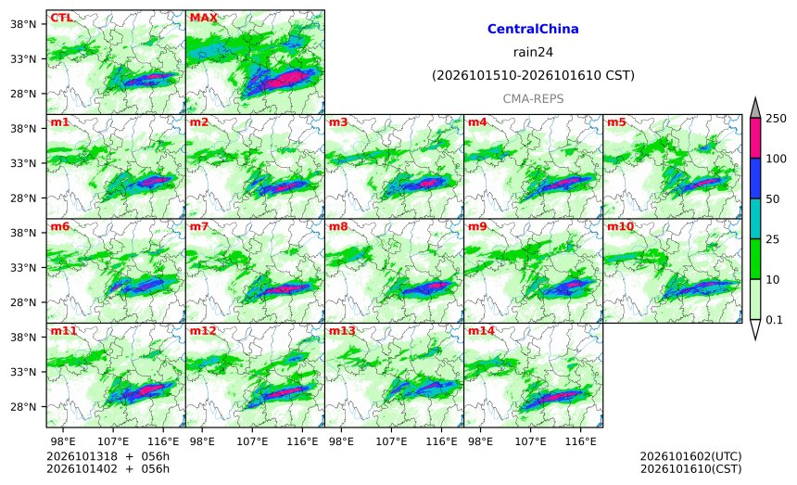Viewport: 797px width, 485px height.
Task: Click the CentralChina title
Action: [533, 29]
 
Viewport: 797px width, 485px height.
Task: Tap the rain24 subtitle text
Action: [533, 52]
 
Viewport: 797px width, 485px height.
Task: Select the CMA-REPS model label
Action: [533, 98]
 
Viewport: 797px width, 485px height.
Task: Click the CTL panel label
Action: [61, 18]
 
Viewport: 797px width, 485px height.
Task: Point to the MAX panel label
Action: [203, 18]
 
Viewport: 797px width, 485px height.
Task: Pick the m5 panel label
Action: [616, 122]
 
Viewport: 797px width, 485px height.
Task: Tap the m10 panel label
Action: [620, 226]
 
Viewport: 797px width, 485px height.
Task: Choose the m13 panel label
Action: [342, 331]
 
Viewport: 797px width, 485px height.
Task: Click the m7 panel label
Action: [199, 226]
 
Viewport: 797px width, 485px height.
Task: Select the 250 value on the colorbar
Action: [777, 119]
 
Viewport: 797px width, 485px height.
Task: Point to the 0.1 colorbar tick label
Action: [774, 320]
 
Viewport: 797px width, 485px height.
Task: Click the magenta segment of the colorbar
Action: [755, 138]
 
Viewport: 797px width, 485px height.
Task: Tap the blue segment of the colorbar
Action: [755, 178]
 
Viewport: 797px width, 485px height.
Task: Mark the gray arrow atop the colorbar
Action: [755, 108]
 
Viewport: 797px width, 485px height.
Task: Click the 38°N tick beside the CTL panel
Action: [23, 24]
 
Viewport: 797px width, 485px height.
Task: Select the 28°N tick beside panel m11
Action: [23, 407]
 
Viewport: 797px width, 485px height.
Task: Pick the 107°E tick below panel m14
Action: [531, 441]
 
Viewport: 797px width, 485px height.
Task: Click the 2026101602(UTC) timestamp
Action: [690, 456]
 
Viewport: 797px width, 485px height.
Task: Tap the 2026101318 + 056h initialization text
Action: [108, 456]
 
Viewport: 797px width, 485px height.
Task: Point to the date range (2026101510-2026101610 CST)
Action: [533, 76]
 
